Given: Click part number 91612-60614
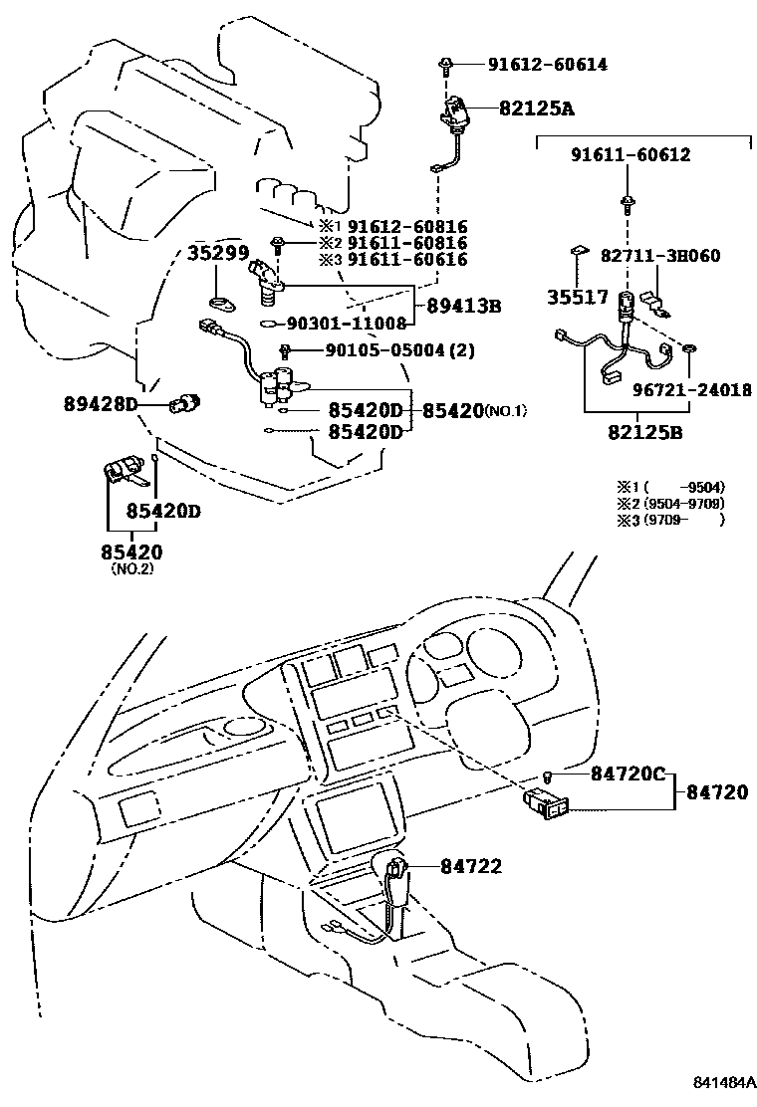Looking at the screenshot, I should (547, 65).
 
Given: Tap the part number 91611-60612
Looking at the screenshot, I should (631, 155).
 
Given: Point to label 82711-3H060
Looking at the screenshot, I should (662, 256).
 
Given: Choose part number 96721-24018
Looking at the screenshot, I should (695, 389).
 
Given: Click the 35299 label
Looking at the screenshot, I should (217, 253).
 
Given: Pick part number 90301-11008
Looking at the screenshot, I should (347, 324).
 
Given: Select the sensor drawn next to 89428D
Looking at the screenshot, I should (185, 402).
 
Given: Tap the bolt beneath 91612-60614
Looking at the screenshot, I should (445, 68).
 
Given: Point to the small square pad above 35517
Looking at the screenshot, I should (578, 253).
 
